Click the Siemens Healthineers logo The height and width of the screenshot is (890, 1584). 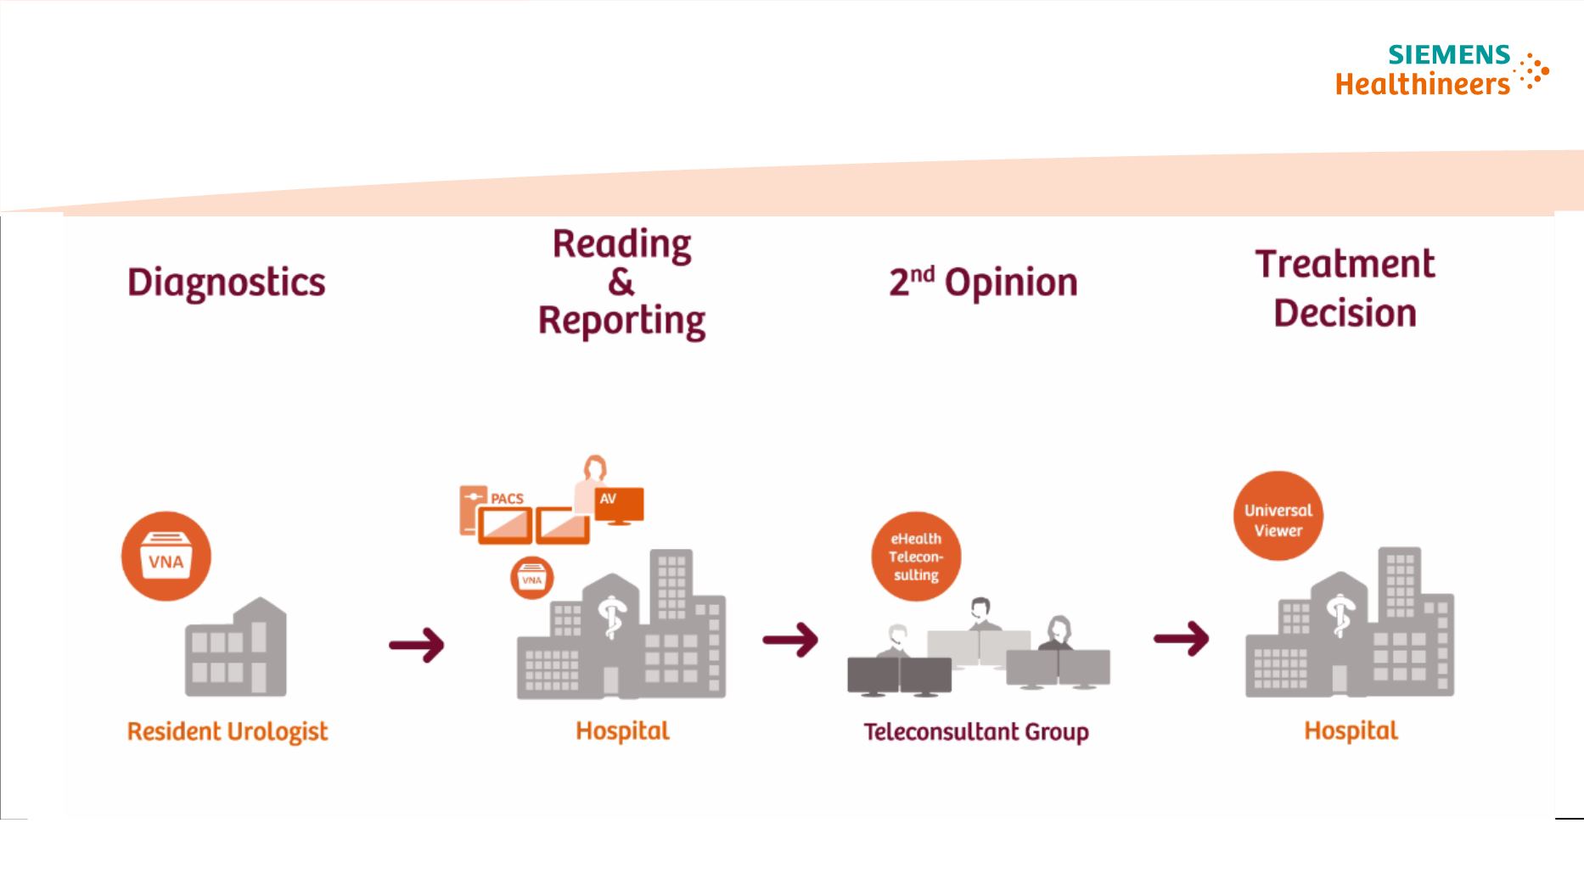1441,70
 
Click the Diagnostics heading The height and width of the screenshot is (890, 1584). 226,283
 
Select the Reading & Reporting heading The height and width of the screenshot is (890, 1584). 621,283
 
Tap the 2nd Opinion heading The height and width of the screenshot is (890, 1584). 983,283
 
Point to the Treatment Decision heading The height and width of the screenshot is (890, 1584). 1345,288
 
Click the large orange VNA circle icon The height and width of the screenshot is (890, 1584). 166,557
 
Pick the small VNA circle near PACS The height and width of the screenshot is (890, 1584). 531,579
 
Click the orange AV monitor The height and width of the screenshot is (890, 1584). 619,504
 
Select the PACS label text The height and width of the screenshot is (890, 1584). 507,498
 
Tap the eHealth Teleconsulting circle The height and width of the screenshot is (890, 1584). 916,557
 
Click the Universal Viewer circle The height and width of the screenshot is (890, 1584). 1278,517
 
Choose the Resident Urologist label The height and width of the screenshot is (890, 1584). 227,731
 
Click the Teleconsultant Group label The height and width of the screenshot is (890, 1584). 976,731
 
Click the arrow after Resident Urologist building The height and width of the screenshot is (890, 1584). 417,645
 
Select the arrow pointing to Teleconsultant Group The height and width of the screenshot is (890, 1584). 790,639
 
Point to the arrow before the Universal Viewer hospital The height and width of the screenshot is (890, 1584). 1181,638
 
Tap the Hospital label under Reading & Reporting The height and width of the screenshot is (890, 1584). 622,730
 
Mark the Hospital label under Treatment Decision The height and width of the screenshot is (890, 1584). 1351,730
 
